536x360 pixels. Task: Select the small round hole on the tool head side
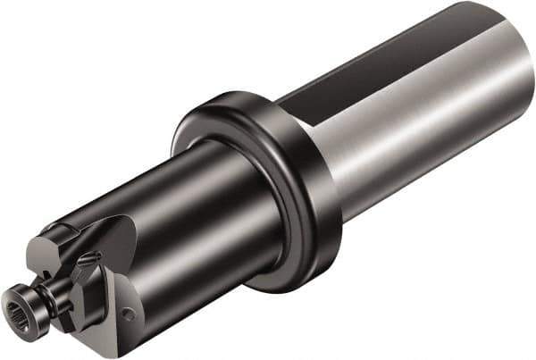(130, 314)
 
